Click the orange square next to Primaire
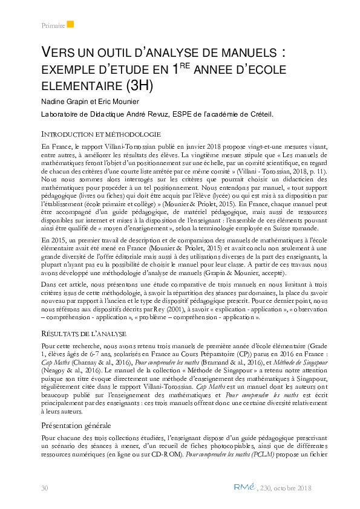click(70, 24)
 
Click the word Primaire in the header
click(53, 25)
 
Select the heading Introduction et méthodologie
click(100, 133)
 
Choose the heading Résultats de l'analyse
click(83, 333)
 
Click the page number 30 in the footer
click(44, 487)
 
